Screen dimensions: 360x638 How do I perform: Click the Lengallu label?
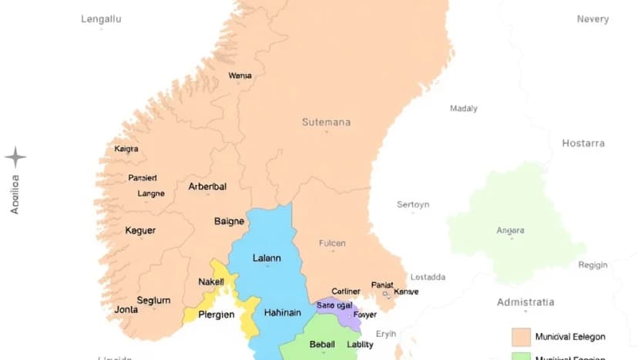tap(101, 19)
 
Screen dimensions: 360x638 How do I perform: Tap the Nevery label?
tap(593, 19)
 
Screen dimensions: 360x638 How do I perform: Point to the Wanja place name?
tap(240, 76)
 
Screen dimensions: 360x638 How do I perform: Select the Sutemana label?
tap(326, 122)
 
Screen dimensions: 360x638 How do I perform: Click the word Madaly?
tap(464, 109)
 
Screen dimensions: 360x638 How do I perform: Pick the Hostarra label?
tap(583, 143)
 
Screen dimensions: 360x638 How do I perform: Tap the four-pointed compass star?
tap(15, 158)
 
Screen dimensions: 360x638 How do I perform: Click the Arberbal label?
tap(207, 187)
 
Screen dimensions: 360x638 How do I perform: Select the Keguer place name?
tap(140, 230)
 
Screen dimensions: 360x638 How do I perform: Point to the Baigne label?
tap(229, 221)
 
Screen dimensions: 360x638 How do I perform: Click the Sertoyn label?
tap(413, 204)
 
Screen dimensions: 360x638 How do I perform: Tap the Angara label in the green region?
tap(510, 230)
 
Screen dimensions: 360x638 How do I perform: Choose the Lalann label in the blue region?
tap(267, 258)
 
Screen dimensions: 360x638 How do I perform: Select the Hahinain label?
tap(281, 313)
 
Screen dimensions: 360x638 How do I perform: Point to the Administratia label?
tap(526, 301)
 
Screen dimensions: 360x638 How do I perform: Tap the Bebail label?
tap(322, 344)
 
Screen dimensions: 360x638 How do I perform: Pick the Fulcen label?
tap(332, 244)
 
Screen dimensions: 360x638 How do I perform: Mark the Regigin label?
tap(593, 264)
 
